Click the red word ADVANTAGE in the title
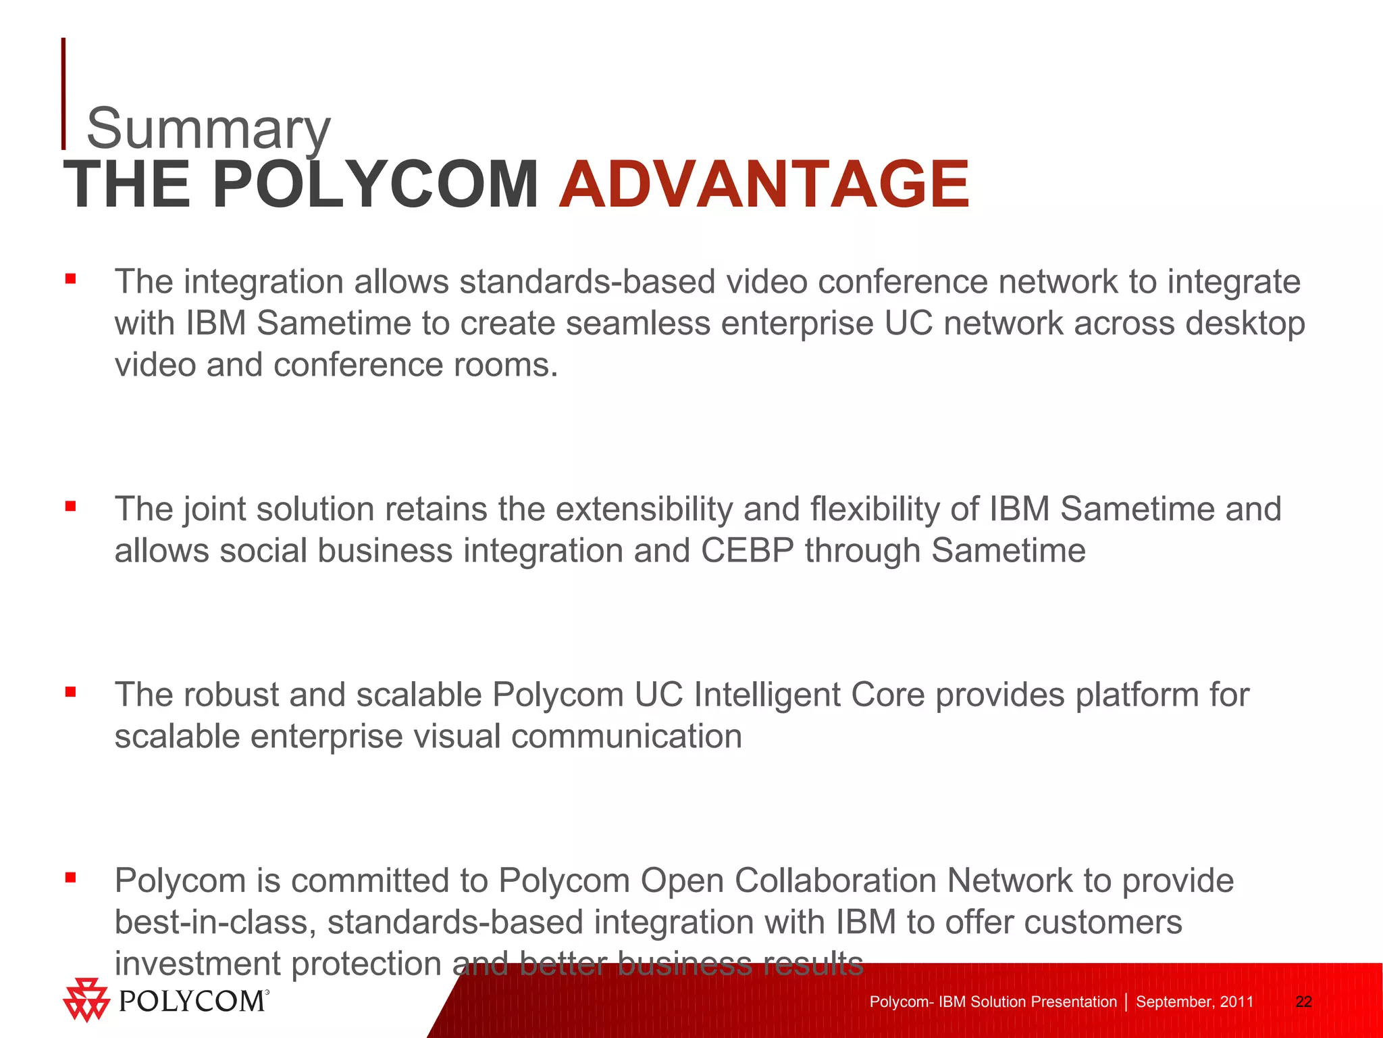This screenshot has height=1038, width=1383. click(x=764, y=184)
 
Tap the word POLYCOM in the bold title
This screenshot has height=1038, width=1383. click(x=375, y=184)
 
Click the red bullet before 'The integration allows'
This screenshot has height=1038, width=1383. click(x=70, y=278)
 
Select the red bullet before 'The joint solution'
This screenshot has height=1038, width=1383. click(x=70, y=505)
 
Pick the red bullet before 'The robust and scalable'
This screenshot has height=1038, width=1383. click(x=70, y=691)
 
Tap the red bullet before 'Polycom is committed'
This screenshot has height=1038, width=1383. click(x=70, y=877)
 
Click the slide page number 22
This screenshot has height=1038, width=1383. click(x=1303, y=1002)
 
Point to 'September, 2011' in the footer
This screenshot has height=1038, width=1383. click(x=1194, y=1002)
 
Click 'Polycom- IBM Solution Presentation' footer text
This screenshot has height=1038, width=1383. click(x=993, y=1002)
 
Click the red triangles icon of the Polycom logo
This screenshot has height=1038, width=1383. click(x=86, y=999)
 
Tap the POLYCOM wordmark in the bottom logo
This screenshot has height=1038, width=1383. click(x=192, y=1001)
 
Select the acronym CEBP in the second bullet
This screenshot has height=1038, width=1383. click(x=747, y=550)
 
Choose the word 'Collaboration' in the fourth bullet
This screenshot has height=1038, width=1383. click(x=835, y=881)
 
